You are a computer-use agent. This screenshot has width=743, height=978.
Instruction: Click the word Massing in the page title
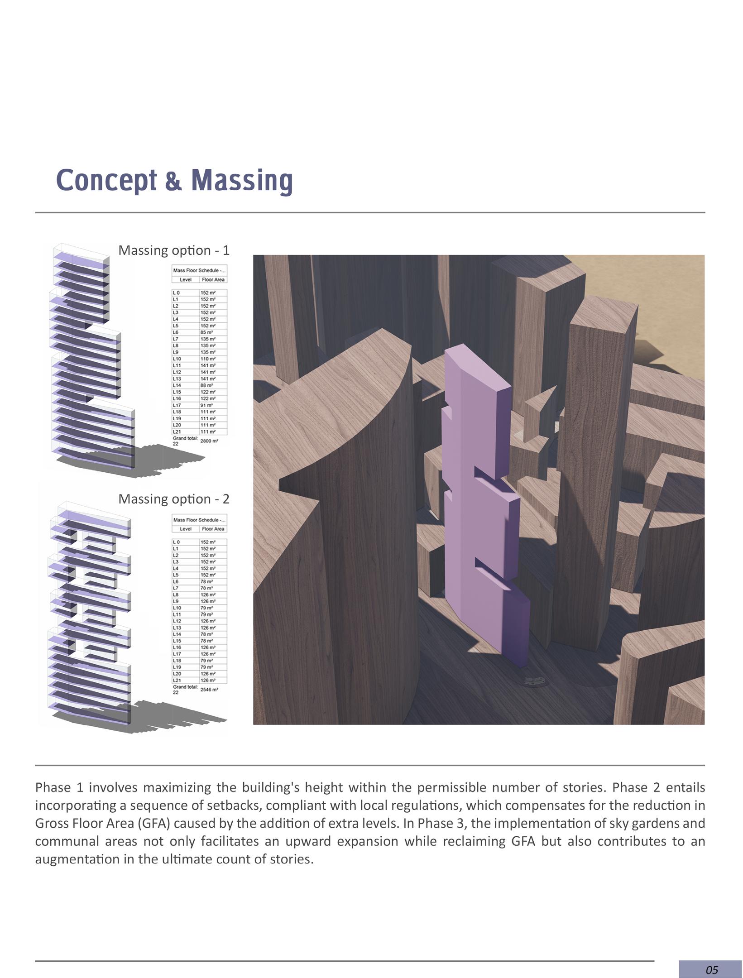click(x=242, y=180)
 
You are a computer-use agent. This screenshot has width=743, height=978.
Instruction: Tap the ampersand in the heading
click(x=173, y=181)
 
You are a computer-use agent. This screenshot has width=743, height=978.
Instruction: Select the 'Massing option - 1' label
click(x=174, y=250)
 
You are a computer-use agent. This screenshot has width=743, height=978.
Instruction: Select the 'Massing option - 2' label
click(x=174, y=499)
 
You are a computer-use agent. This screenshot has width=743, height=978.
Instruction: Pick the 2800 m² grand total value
click(x=209, y=441)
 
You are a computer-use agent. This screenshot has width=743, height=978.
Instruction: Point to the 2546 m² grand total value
click(x=209, y=690)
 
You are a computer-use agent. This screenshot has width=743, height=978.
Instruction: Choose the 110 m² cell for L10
click(x=208, y=359)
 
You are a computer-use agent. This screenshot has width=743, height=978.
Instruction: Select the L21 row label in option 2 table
click(x=177, y=680)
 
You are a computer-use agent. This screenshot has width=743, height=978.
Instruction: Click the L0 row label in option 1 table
click(x=176, y=292)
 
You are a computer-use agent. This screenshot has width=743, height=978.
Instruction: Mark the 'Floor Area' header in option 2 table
click(x=213, y=529)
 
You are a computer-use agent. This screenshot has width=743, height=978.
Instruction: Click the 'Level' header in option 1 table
click(x=186, y=279)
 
